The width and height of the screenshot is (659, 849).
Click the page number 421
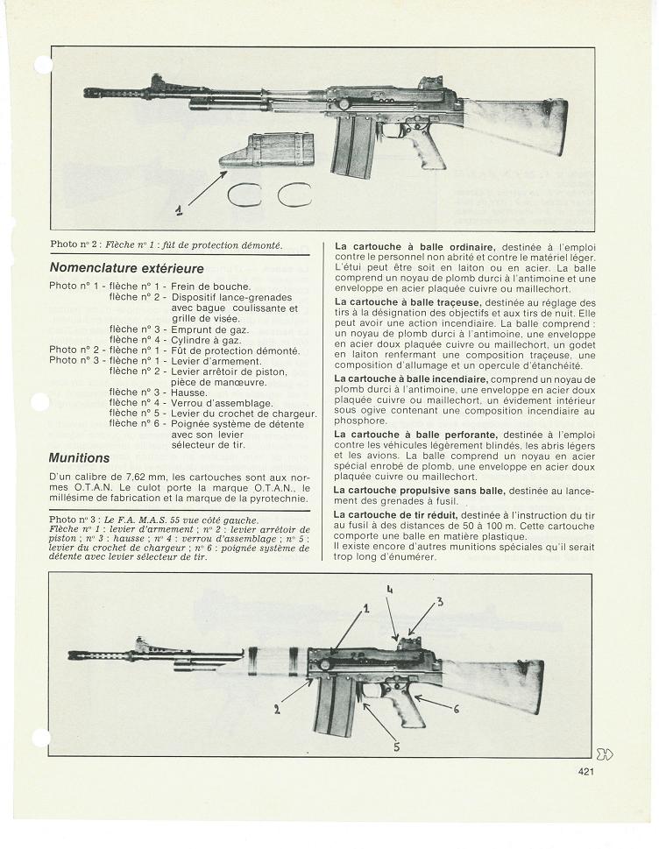click(587, 771)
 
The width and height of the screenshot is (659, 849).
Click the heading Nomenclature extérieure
click(126, 267)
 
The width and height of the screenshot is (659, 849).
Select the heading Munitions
click(80, 457)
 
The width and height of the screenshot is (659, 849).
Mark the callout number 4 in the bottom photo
click(389, 591)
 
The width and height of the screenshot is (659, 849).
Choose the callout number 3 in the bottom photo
click(440, 601)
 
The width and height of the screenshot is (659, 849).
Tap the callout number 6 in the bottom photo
click(457, 709)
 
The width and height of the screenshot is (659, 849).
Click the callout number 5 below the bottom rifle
click(396, 746)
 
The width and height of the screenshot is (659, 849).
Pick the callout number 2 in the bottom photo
click(277, 709)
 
